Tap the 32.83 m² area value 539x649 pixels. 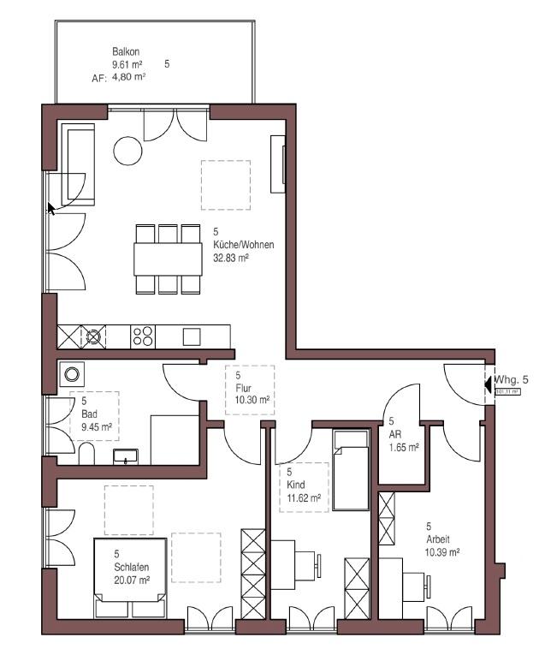[230, 257]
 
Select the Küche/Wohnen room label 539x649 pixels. [243, 244]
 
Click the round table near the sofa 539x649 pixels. [128, 151]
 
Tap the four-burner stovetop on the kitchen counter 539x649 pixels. [142, 336]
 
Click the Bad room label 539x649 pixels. [90, 413]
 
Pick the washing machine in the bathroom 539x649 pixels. [72, 374]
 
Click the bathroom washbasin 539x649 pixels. [127, 455]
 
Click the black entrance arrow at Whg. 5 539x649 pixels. [488, 384]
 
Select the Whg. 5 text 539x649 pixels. [513, 378]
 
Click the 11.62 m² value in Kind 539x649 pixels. [304, 497]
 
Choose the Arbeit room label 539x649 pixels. [437, 539]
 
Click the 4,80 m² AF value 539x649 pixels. [128, 75]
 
